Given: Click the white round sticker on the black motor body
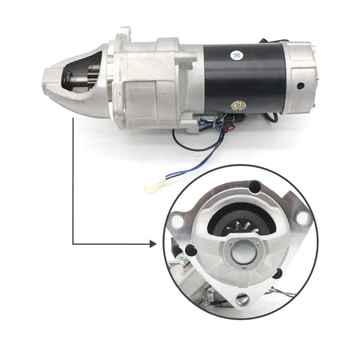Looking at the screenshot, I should pos(238,54).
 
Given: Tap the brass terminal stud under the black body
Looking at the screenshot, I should pos(238,105).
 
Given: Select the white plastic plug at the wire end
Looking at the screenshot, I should pos(152,187).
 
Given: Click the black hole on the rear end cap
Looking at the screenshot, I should pos(300,86).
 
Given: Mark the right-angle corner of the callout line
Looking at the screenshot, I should pos(74,241).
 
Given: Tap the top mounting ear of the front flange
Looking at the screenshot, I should pos(124,35).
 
